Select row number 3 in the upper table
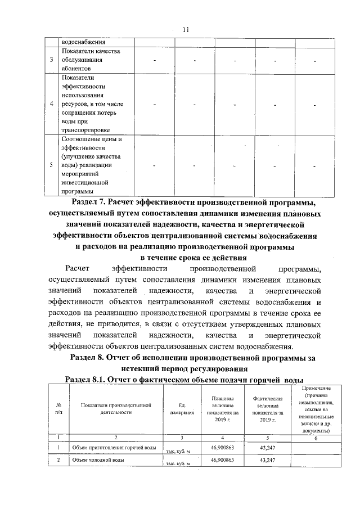coord(52,60)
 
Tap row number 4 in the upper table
coord(52,104)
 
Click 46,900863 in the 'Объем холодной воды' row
coord(222,460)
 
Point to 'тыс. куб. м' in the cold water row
coord(178,464)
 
